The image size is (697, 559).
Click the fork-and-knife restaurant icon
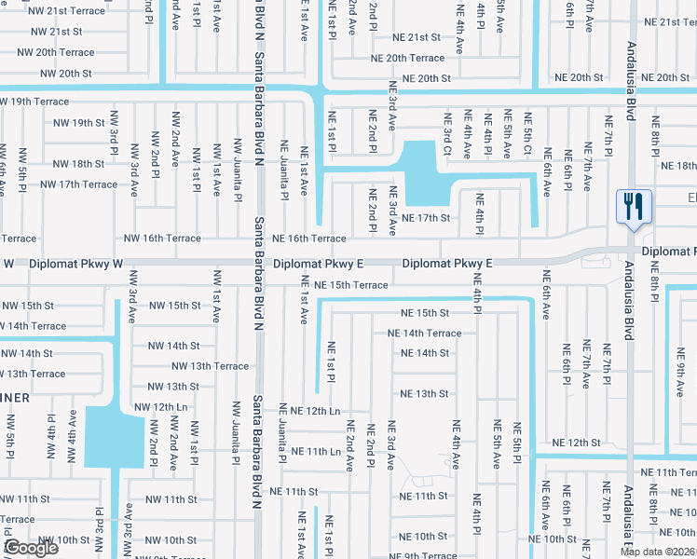coord(634,207)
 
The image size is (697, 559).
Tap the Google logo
coord(31,548)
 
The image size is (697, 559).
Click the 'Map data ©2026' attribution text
coord(657,552)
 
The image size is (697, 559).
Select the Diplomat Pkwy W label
coord(75,265)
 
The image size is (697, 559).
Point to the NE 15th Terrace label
coord(350,285)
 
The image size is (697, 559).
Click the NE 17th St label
coord(425,219)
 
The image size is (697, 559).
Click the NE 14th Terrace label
coord(424,334)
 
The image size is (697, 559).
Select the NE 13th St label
coord(424,394)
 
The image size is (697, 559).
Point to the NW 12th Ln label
coord(161,407)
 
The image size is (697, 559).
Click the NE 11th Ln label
coord(316,451)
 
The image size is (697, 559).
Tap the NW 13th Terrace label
coord(206,366)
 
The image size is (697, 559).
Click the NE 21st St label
coord(416,37)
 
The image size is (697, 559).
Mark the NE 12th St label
coord(575,443)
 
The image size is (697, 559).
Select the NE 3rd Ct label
coord(446,135)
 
